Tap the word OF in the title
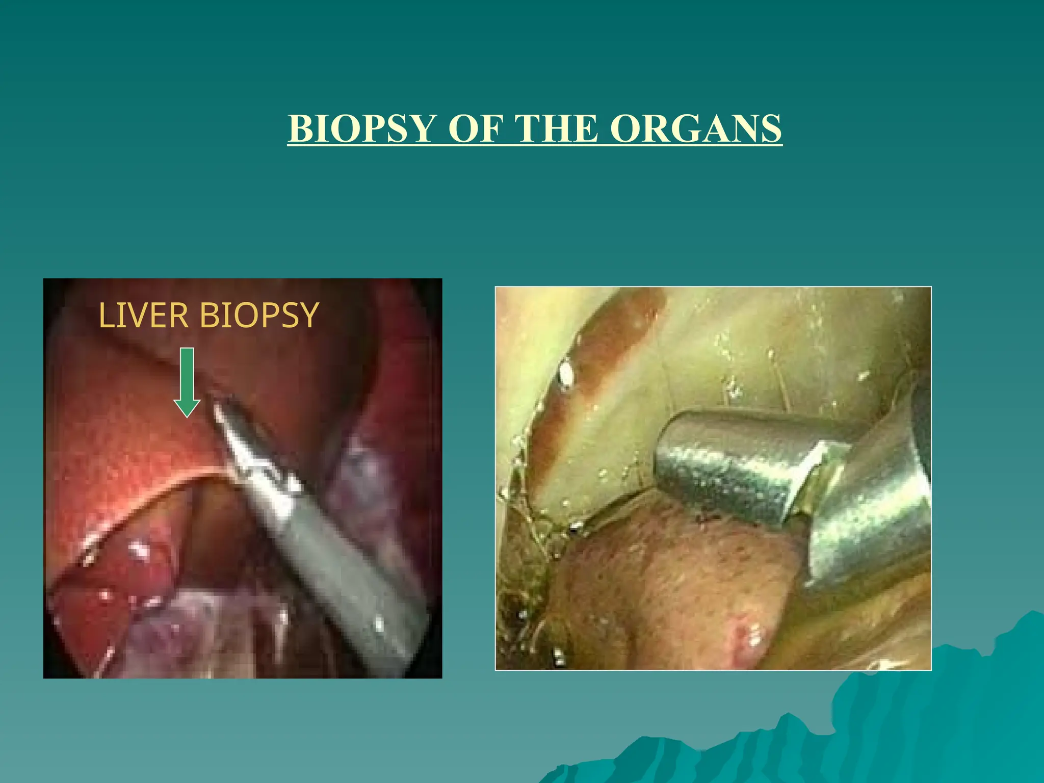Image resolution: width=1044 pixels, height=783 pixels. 474,128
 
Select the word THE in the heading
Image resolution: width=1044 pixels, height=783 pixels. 557,128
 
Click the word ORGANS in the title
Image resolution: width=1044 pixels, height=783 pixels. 696,128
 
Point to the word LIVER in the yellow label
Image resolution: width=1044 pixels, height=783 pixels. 143,316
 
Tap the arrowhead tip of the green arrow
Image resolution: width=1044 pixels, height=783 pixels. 187,415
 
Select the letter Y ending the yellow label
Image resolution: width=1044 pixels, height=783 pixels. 309,316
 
